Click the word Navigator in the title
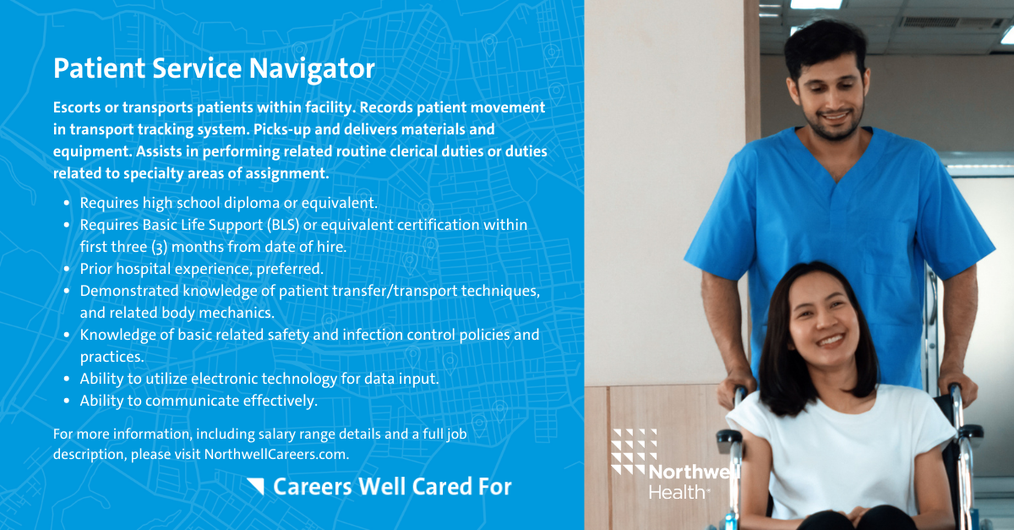coord(314,69)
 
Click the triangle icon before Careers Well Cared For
coord(256,486)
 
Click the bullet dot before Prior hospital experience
coord(67,269)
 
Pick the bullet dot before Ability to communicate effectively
coord(67,401)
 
